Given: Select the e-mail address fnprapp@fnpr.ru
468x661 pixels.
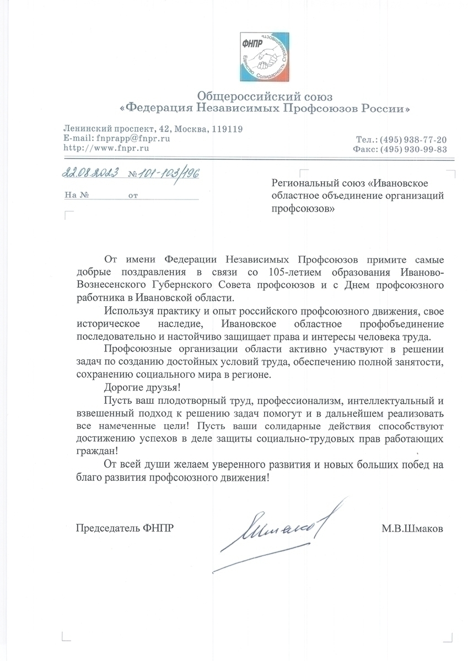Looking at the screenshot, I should click(x=133, y=138).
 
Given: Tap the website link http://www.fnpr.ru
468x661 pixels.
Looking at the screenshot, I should click(x=106, y=148).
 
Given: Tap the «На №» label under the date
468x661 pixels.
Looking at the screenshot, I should click(x=77, y=195).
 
